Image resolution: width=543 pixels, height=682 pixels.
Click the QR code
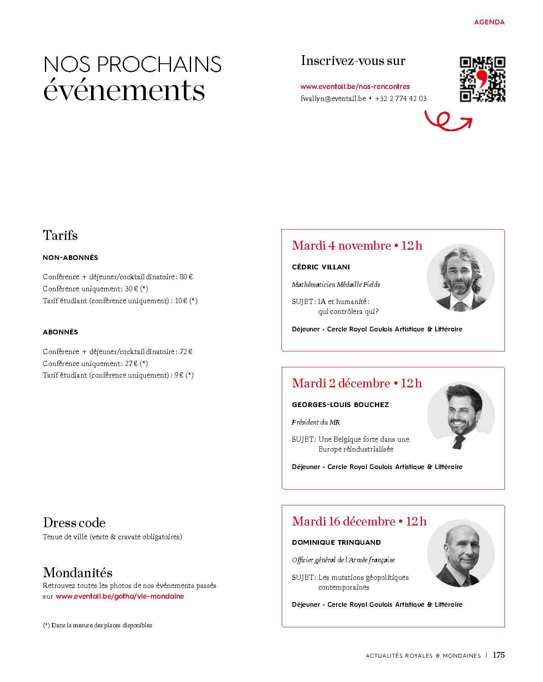(x=482, y=80)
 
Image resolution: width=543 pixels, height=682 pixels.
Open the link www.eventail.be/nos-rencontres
(x=355, y=87)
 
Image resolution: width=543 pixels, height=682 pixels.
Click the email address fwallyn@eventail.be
(x=333, y=98)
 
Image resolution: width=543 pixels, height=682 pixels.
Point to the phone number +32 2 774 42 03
(x=401, y=98)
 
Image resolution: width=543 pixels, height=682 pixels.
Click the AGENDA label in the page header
(x=489, y=22)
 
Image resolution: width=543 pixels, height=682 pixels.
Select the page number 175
(x=499, y=655)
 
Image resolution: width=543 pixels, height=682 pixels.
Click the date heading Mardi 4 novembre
(x=342, y=246)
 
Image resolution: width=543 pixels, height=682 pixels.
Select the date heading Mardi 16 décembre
(x=344, y=522)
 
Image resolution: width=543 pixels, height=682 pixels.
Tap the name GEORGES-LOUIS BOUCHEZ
(x=340, y=404)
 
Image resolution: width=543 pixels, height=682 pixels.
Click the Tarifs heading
(x=60, y=235)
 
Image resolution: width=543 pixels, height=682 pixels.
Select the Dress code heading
(x=74, y=523)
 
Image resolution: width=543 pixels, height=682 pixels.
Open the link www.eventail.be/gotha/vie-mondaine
(x=120, y=596)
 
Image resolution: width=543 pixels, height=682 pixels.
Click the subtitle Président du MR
(x=316, y=422)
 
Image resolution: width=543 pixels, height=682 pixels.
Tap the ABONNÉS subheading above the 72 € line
(x=60, y=332)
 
